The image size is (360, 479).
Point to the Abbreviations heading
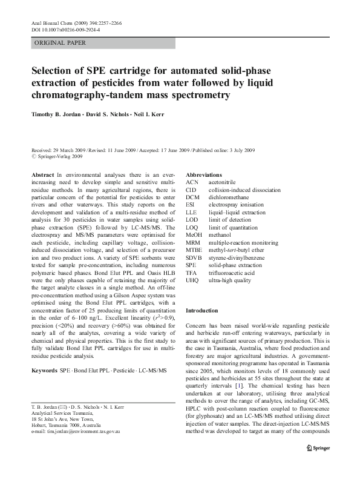coord(207,174)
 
